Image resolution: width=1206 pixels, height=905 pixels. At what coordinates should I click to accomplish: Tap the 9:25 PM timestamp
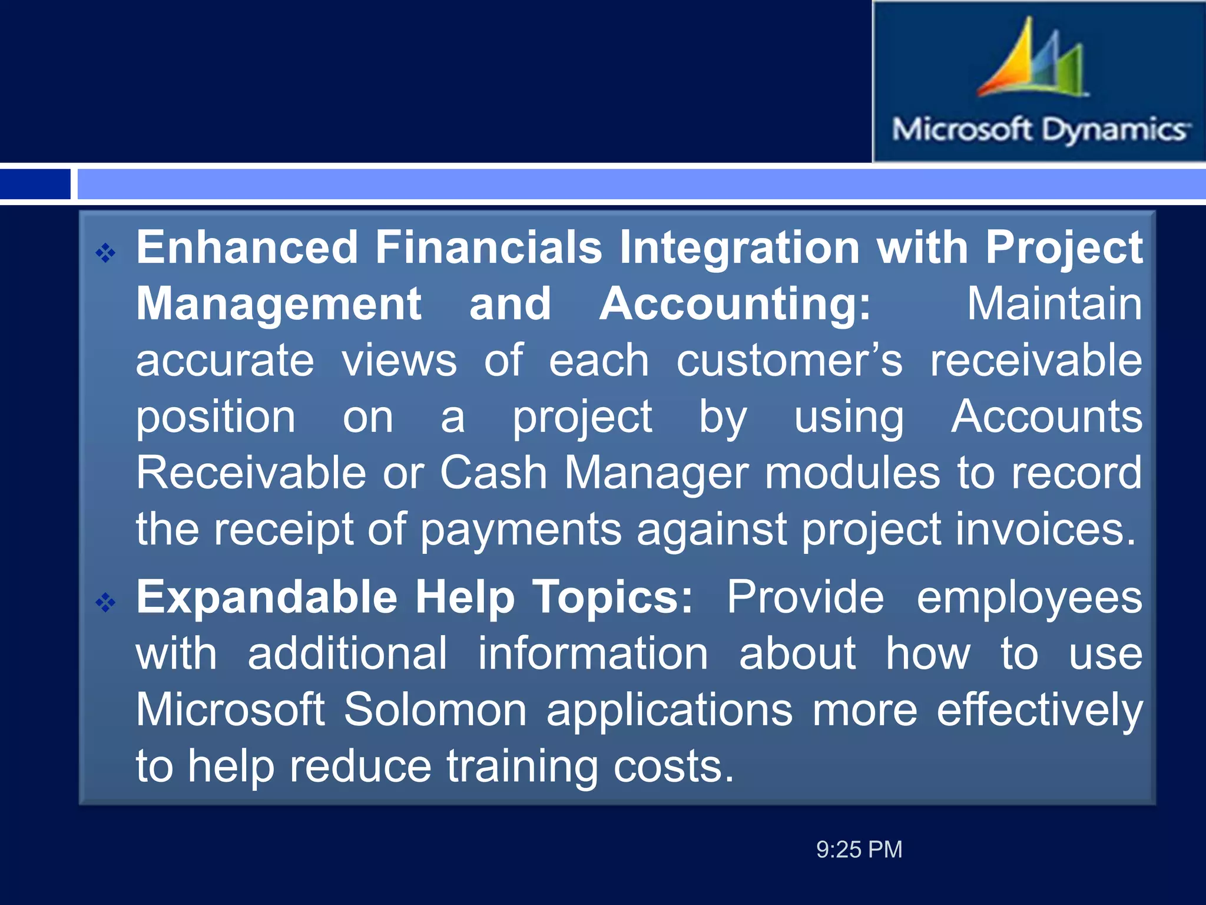tap(859, 850)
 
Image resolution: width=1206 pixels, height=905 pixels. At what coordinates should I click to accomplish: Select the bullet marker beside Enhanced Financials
tap(106, 253)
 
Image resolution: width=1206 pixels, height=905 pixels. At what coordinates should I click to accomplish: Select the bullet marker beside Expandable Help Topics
tap(106, 602)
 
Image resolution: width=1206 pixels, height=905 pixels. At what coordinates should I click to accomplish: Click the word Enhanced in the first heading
tap(247, 247)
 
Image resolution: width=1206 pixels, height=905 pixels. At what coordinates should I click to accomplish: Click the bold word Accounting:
tap(735, 304)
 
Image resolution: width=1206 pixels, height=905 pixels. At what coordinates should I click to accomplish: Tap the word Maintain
tap(1054, 304)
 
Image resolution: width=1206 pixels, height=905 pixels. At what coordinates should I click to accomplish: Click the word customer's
tap(789, 361)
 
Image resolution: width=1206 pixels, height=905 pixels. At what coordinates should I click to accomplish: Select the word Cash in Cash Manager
tap(493, 473)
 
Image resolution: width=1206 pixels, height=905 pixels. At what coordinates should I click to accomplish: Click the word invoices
tap(1045, 529)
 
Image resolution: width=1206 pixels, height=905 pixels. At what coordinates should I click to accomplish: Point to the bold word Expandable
tap(267, 597)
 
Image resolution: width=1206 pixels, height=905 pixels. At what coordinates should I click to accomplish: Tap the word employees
tap(1029, 597)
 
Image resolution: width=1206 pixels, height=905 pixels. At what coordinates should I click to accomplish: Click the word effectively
tap(1039, 710)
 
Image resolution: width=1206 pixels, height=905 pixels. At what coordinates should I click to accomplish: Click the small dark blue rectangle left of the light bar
tap(35, 184)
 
